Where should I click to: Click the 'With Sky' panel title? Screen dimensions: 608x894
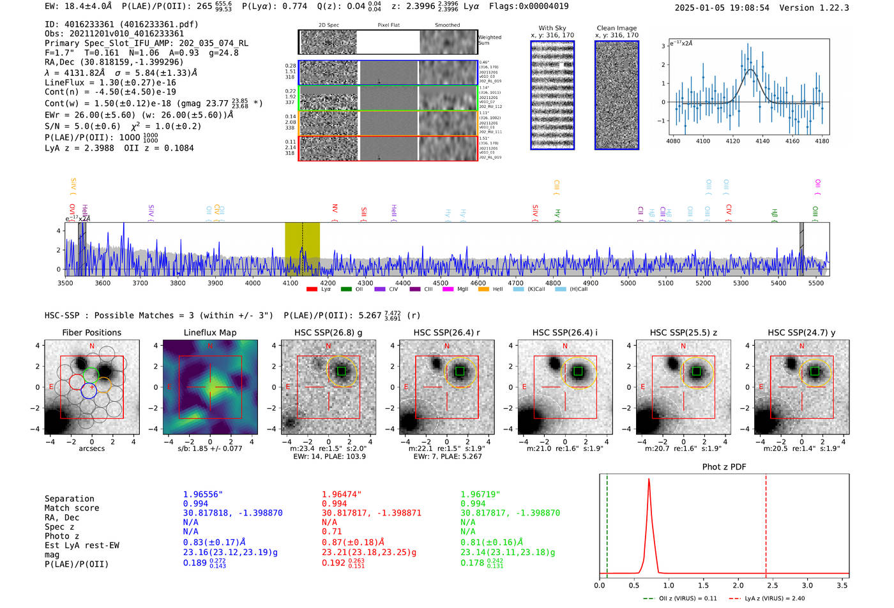pyautogui.click(x=552, y=28)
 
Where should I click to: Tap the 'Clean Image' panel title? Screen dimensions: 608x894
pyautogui.click(x=616, y=28)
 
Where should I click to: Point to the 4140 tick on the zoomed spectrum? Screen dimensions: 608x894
pyautogui.click(x=762, y=141)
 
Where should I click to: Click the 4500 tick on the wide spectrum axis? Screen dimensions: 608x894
pyautogui.click(x=441, y=283)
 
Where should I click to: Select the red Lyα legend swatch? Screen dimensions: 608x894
pyautogui.click(x=312, y=289)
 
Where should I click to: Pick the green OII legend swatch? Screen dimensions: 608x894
pyautogui.click(x=346, y=289)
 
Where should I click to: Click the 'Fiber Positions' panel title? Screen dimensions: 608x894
pyautogui.click(x=91, y=332)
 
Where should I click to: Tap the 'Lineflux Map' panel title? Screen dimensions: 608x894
pyautogui.click(x=209, y=332)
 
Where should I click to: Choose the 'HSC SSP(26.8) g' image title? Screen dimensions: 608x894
pyautogui.click(x=328, y=332)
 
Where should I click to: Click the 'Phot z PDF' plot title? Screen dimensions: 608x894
pyautogui.click(x=724, y=467)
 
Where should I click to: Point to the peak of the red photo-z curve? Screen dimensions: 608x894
pyautogui.click(x=649, y=479)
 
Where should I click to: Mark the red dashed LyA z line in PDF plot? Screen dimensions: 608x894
pyautogui.click(x=766, y=523)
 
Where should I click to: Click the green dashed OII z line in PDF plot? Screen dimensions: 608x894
pyautogui.click(x=607, y=523)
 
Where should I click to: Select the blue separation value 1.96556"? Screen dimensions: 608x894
pyautogui.click(x=203, y=494)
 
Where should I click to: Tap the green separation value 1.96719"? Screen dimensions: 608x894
pyautogui.click(x=480, y=494)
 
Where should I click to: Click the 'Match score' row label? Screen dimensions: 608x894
pyautogui.click(x=72, y=508)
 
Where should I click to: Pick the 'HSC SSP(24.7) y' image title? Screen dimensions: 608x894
pyautogui.click(x=801, y=332)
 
